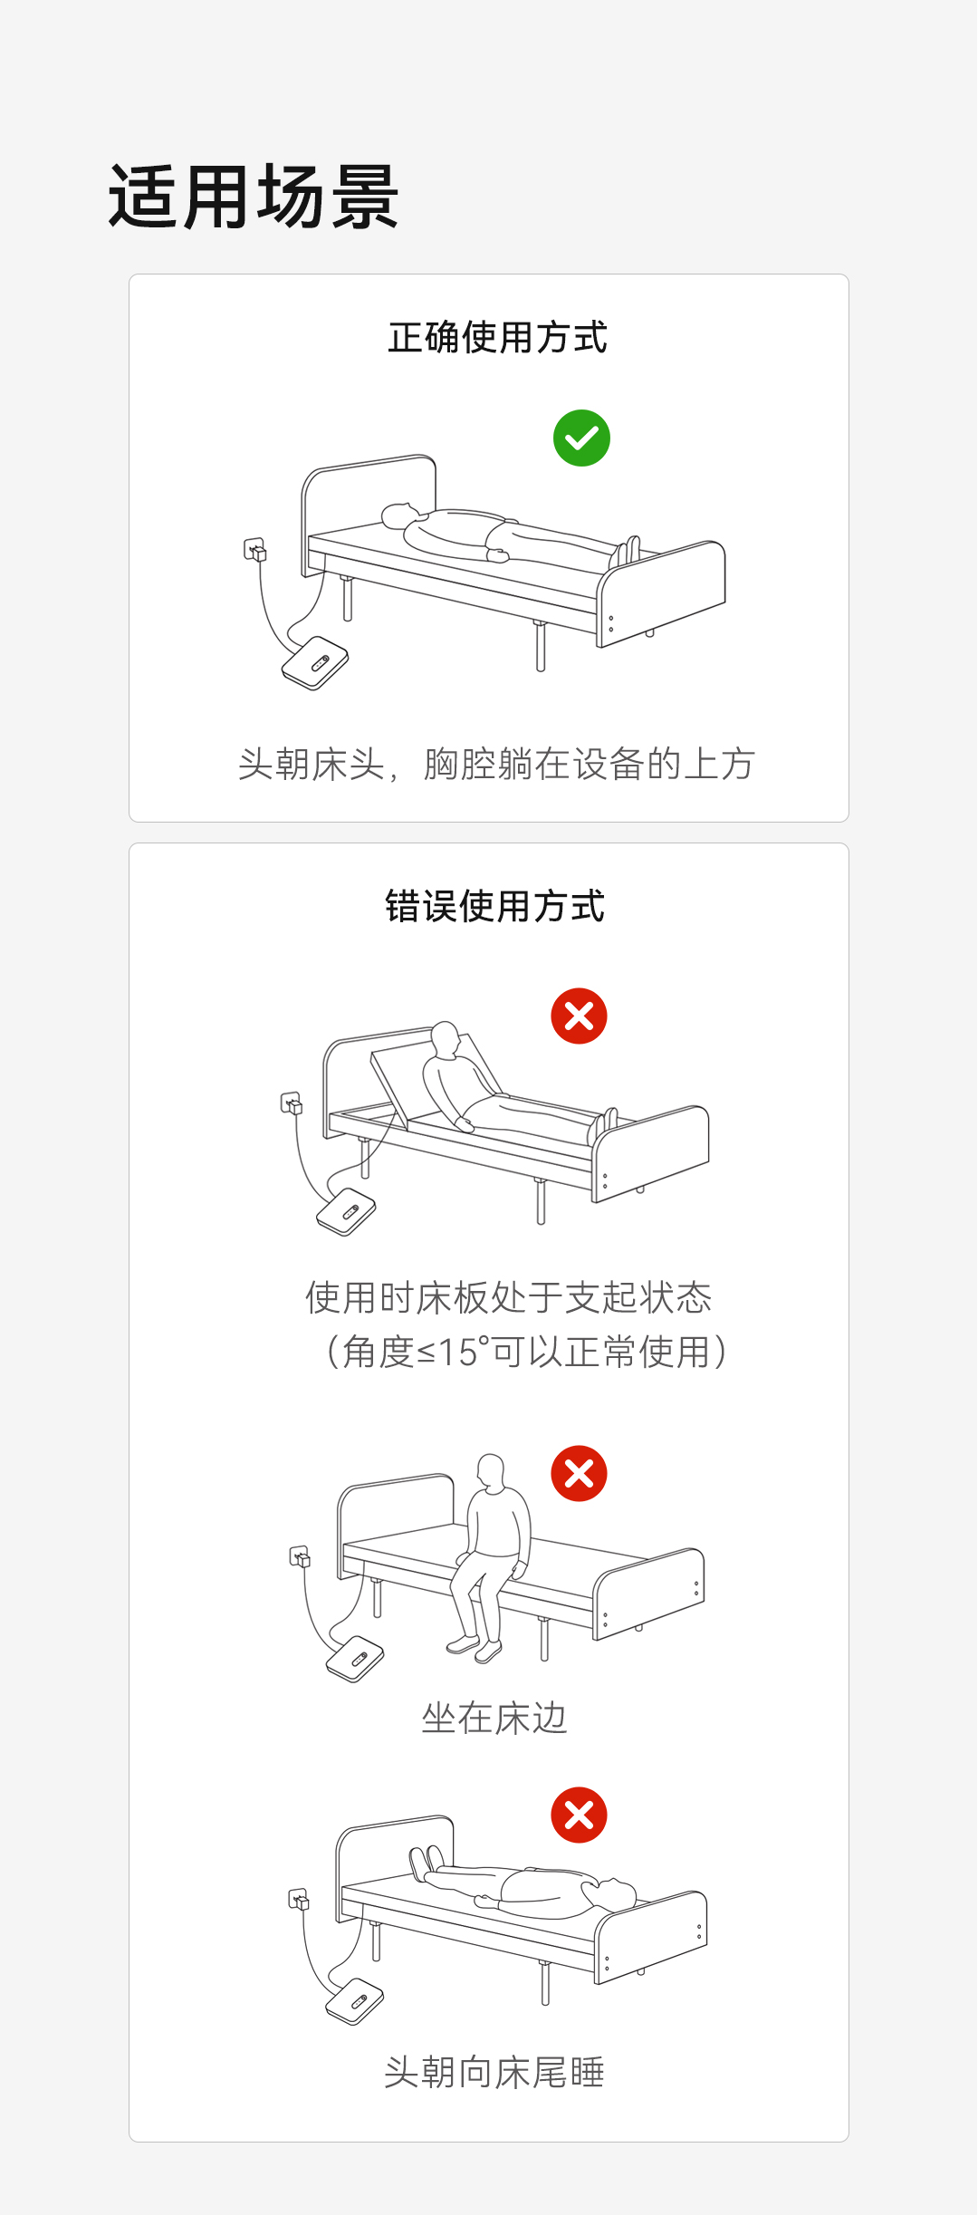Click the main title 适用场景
[x=254, y=197]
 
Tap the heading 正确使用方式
[x=497, y=338]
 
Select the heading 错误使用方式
[x=494, y=906]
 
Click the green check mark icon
[x=581, y=438]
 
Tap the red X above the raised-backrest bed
[x=579, y=1016]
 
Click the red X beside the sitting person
[x=579, y=1473]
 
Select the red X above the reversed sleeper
[x=579, y=1815]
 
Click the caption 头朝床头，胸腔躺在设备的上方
[x=496, y=764]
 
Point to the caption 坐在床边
[x=494, y=1718]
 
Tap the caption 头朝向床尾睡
[x=494, y=2072]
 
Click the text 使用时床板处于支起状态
[x=509, y=1297]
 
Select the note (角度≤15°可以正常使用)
[x=525, y=1352]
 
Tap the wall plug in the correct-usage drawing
[x=255, y=550]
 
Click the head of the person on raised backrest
[x=446, y=1038]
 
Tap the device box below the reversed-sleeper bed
[x=354, y=2000]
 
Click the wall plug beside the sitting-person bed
[x=300, y=1557]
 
